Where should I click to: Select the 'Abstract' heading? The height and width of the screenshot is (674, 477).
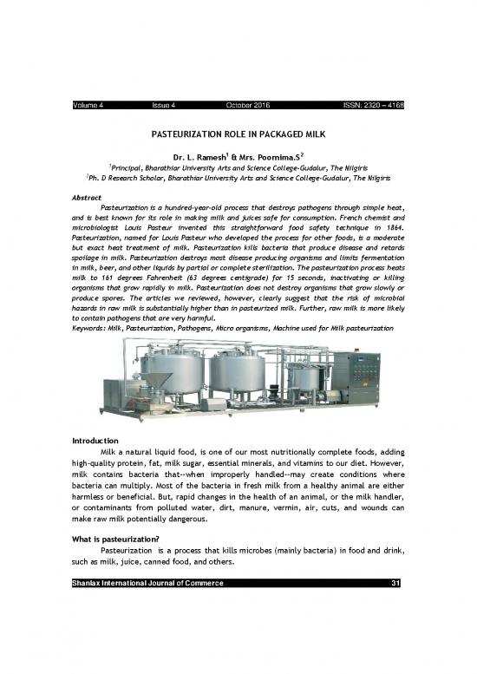(88, 198)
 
